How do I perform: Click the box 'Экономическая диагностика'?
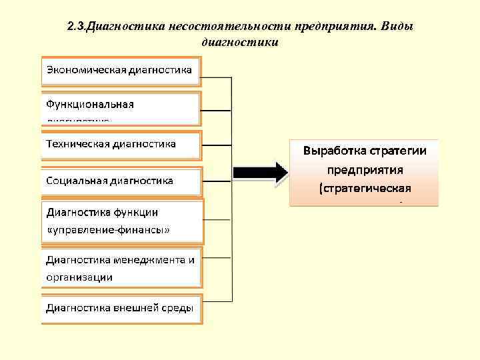tap(120, 70)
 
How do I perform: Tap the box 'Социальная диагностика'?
tap(120, 181)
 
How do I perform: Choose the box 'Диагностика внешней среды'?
tap(120, 308)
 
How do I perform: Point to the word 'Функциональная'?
tap(90, 105)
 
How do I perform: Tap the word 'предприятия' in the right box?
tap(364, 169)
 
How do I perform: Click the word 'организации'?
tap(79, 277)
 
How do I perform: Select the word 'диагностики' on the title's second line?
tap(239, 43)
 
